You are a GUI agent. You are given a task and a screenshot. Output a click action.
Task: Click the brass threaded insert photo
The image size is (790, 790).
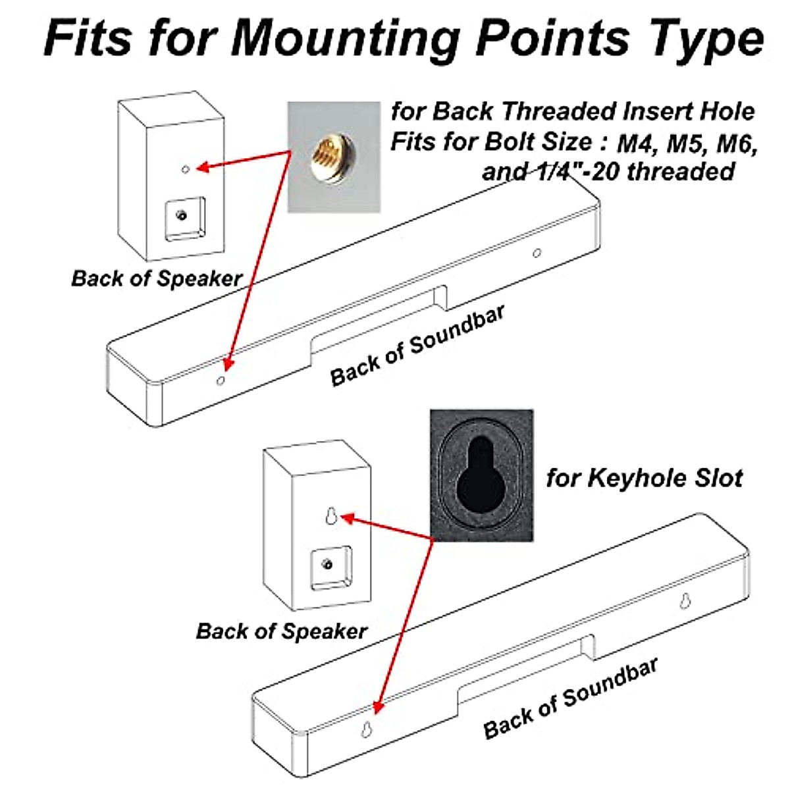point(334,157)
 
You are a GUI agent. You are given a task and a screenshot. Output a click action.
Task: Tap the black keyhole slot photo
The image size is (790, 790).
point(481,475)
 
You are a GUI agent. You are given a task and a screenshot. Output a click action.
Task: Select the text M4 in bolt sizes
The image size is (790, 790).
point(638,142)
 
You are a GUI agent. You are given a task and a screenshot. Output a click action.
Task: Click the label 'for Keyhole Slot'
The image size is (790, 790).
point(644,477)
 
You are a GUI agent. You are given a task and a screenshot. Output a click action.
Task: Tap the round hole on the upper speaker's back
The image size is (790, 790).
point(186,169)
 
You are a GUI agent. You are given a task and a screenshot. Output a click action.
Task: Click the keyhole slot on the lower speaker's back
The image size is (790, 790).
point(332,516)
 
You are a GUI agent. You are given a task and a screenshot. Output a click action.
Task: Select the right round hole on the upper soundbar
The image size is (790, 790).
point(537,253)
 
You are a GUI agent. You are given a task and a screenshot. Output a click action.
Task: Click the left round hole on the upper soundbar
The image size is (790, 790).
point(221,380)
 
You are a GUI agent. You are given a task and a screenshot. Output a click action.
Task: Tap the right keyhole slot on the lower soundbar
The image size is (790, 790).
point(685,600)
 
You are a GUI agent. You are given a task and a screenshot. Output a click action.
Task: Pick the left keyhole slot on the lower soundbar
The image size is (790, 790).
point(366,729)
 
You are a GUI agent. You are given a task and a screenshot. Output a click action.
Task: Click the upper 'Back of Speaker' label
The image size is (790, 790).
point(156,278)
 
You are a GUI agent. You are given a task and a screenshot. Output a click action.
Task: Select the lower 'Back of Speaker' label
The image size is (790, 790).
point(281,631)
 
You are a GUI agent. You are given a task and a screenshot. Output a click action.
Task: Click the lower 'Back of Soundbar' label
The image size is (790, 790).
point(570,698)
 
